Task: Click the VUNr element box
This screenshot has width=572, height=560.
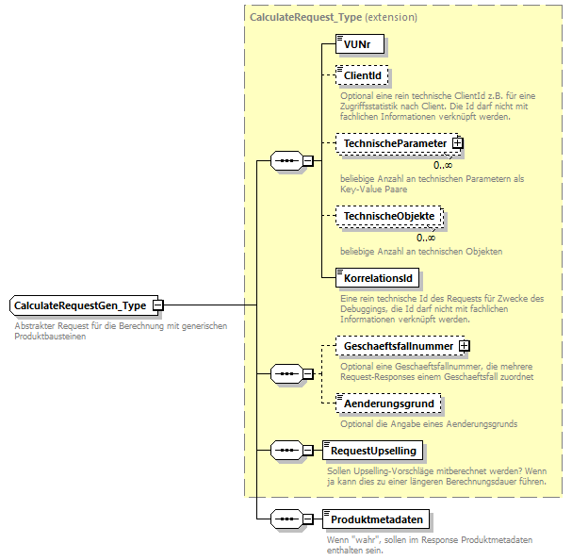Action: click(361, 43)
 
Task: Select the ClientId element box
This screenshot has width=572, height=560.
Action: click(363, 75)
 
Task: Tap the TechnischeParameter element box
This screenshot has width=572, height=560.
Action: click(394, 143)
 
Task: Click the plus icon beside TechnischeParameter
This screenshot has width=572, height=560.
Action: click(458, 143)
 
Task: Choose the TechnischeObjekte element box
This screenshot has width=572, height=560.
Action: click(388, 216)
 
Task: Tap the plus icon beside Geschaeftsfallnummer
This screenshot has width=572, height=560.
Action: click(464, 347)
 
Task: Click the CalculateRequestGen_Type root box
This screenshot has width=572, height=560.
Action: click(80, 305)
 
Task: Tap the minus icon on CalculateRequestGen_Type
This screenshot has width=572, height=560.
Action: click(157, 305)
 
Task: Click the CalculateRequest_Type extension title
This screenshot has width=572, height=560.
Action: click(334, 17)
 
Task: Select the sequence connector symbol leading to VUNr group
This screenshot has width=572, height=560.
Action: click(285, 161)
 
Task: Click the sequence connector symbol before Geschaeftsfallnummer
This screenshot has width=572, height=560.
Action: click(285, 375)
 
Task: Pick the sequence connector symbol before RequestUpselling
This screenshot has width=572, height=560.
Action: click(285, 451)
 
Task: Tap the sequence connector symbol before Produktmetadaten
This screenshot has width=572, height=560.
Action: click(285, 519)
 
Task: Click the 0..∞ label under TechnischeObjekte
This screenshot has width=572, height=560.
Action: click(426, 237)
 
